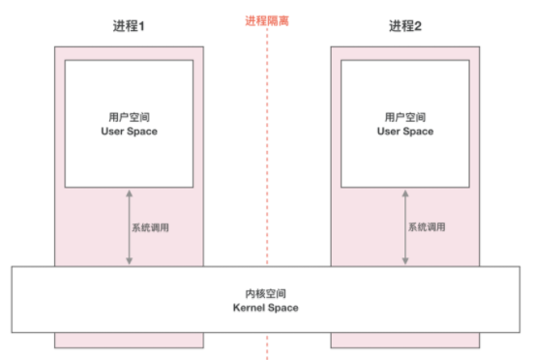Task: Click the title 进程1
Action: (129, 27)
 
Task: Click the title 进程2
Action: (405, 27)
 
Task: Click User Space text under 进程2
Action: (404, 131)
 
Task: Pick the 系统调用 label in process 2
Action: (427, 227)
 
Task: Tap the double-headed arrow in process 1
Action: (129, 227)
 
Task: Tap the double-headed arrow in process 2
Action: (404, 227)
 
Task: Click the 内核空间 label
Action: (266, 292)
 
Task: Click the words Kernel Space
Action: (266, 307)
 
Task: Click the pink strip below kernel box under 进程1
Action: (129, 340)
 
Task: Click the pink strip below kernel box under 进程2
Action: (404, 340)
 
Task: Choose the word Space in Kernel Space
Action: (283, 307)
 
